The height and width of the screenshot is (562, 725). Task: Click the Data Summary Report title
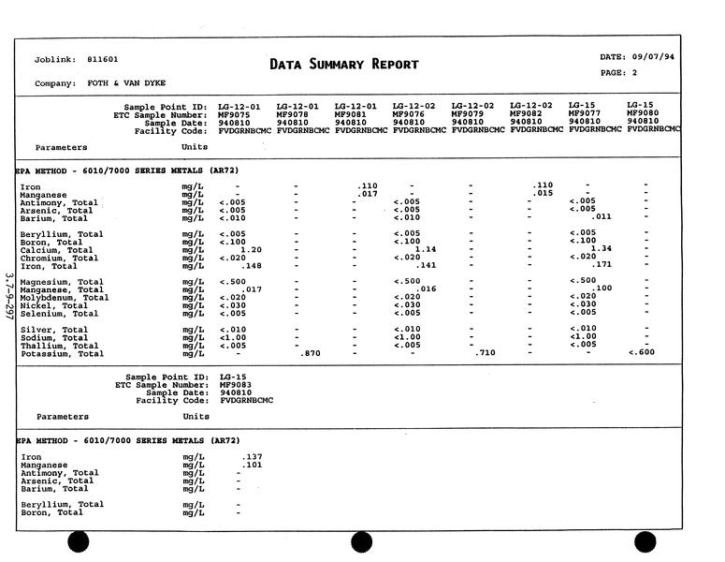(343, 65)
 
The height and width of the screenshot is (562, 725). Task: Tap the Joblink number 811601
(103, 59)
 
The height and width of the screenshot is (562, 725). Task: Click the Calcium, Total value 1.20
(251, 250)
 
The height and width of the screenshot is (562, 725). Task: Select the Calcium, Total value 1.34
(602, 248)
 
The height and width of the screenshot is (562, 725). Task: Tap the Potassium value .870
(310, 353)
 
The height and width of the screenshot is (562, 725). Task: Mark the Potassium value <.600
(643, 352)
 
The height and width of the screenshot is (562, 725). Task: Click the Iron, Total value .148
(251, 266)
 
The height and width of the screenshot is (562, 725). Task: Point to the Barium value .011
(602, 216)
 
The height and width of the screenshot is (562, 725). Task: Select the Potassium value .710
(484, 353)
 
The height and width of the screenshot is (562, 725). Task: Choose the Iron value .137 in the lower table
(251, 457)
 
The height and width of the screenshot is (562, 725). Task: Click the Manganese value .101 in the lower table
(251, 465)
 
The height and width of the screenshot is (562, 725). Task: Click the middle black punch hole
(361, 542)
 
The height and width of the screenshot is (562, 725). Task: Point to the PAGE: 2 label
(618, 72)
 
